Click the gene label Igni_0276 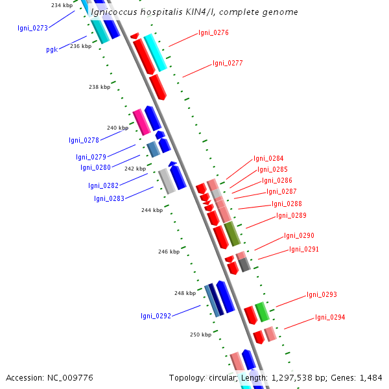pos(213,32)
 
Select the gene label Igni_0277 pos(228,64)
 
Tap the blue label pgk pos(52,49)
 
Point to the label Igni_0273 pos(32,28)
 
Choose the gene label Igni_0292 pos(156,316)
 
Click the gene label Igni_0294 pos(330,318)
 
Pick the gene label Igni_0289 pos(291,216)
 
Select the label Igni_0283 pos(109,198)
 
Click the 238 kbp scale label pos(99,87)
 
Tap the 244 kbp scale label pos(152,210)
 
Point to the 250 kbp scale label pos(200,335)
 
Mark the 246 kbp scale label pos(169,252)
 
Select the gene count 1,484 pos(370,377)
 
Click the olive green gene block pos(232,234)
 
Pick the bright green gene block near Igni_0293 pos(262,312)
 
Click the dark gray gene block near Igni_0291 pos(244,265)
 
